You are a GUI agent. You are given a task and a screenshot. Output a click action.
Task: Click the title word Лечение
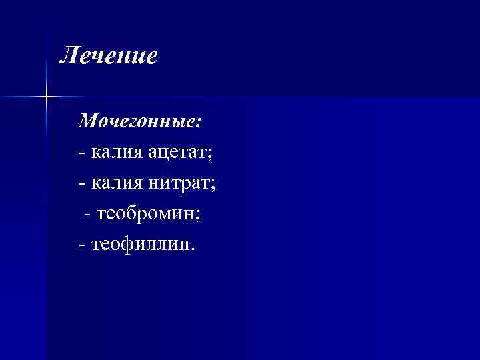tap(109, 56)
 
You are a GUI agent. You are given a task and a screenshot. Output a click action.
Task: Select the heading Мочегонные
tap(139, 122)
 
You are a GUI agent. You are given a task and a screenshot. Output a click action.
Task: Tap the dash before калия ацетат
tap(81, 153)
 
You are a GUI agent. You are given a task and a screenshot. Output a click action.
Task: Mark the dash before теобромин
tap(87, 215)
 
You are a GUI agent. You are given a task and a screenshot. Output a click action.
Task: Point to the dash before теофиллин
tap(81, 245)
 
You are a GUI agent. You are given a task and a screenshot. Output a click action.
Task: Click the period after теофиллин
tap(195, 250)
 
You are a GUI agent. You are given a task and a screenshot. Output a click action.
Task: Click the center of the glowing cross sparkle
tap(47, 97)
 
